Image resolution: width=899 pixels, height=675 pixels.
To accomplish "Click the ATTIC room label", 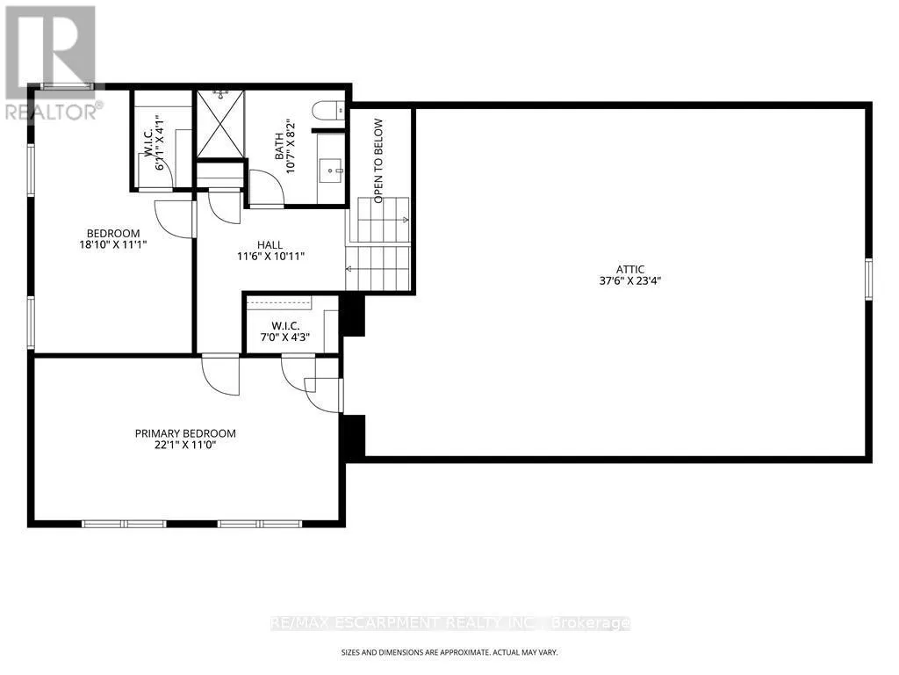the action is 630,269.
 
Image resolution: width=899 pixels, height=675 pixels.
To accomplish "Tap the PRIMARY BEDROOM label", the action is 185,433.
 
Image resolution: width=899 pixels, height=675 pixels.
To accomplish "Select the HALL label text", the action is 270,245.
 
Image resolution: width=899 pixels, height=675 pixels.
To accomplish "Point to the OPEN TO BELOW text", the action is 378,161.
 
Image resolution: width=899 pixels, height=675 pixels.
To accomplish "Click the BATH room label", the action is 278,147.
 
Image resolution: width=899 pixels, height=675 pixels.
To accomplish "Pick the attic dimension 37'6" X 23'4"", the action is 630,281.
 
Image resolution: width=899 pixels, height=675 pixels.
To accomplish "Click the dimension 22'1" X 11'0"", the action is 185,446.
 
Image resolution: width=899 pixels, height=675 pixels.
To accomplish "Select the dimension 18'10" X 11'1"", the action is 113,245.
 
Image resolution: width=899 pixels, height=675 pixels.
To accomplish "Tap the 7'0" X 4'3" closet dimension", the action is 285,337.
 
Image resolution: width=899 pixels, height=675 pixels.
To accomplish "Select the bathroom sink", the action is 332,171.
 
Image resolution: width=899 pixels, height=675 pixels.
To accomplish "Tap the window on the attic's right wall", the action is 868,279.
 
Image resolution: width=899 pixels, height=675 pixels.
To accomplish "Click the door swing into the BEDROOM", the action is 175,219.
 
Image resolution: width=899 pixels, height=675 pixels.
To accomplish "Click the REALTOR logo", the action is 52,62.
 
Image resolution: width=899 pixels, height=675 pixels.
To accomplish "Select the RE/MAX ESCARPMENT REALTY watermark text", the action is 450,623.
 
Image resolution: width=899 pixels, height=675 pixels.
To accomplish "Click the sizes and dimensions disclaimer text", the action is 449,653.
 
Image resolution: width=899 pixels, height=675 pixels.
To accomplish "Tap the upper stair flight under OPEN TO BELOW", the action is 383,220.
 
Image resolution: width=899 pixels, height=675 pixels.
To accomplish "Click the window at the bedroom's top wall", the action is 68,86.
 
